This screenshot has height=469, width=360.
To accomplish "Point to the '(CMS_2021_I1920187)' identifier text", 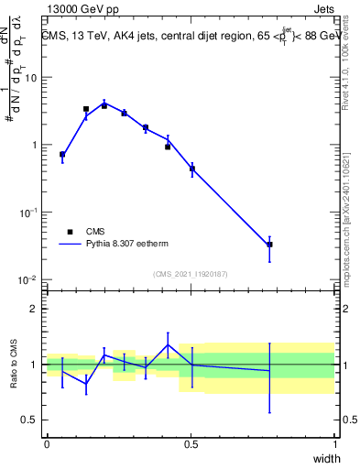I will click(191, 274).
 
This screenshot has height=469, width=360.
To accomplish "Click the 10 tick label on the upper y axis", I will click(30, 78).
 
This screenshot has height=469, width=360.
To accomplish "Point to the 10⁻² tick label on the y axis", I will click(27, 279).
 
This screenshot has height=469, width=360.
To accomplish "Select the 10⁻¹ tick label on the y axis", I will click(27, 212).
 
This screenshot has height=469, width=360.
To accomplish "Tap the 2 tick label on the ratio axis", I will click(34, 309).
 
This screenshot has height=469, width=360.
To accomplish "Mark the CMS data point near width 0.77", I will click(269, 245).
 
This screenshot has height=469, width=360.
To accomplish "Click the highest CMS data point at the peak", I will click(104, 105).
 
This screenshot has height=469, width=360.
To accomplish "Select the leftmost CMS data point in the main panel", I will click(62, 155).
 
